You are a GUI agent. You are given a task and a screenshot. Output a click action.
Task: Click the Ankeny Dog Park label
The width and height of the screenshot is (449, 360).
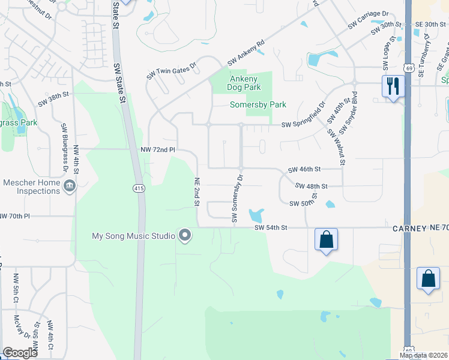(x=243, y=83)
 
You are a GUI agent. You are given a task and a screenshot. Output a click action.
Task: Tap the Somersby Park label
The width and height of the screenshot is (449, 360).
(x=258, y=104)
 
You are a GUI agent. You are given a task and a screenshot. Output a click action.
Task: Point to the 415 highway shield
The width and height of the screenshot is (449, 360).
(x=139, y=188)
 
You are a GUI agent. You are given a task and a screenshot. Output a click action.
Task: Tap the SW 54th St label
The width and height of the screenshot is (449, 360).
(x=271, y=228)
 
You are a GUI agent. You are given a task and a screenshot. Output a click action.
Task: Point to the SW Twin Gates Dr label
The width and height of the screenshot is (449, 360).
(x=171, y=71)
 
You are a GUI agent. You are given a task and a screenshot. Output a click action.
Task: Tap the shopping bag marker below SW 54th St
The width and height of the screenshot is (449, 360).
(x=326, y=239)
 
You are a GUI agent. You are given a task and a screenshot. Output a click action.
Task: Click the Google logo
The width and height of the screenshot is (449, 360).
(x=20, y=353)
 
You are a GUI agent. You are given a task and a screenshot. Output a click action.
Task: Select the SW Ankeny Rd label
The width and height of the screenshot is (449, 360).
(x=246, y=53)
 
